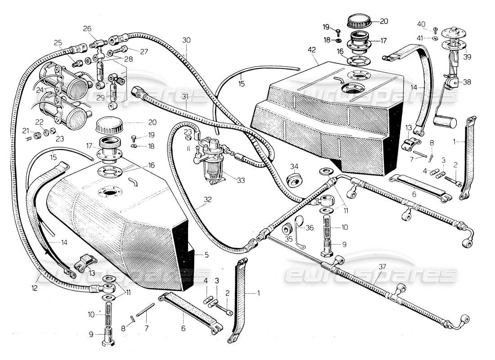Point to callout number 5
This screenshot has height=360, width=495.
[x=207, y=255]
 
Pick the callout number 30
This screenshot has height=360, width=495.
[x=186, y=40]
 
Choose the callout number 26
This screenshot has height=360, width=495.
[x=87, y=29]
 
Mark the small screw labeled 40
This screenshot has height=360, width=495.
[x=435, y=30]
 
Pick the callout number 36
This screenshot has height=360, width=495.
[x=310, y=228]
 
